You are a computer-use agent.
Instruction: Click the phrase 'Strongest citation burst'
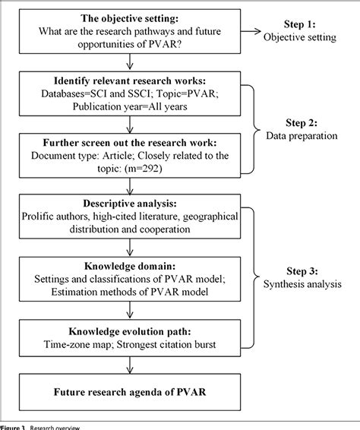(184, 344)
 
